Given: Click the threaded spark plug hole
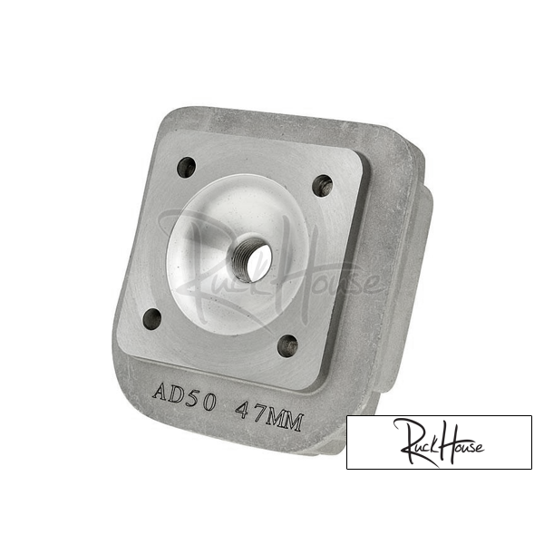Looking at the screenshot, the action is point(252,254).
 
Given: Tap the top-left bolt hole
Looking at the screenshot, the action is point(187,167).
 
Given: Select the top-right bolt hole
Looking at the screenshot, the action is point(323,186).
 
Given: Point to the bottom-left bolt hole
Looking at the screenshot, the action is point(152,318).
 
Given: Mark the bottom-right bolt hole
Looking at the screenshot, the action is point(288,345).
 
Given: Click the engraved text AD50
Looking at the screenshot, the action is point(185,395).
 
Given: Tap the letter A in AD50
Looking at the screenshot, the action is point(160,391).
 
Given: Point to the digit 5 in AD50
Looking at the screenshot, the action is point(193,398).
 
